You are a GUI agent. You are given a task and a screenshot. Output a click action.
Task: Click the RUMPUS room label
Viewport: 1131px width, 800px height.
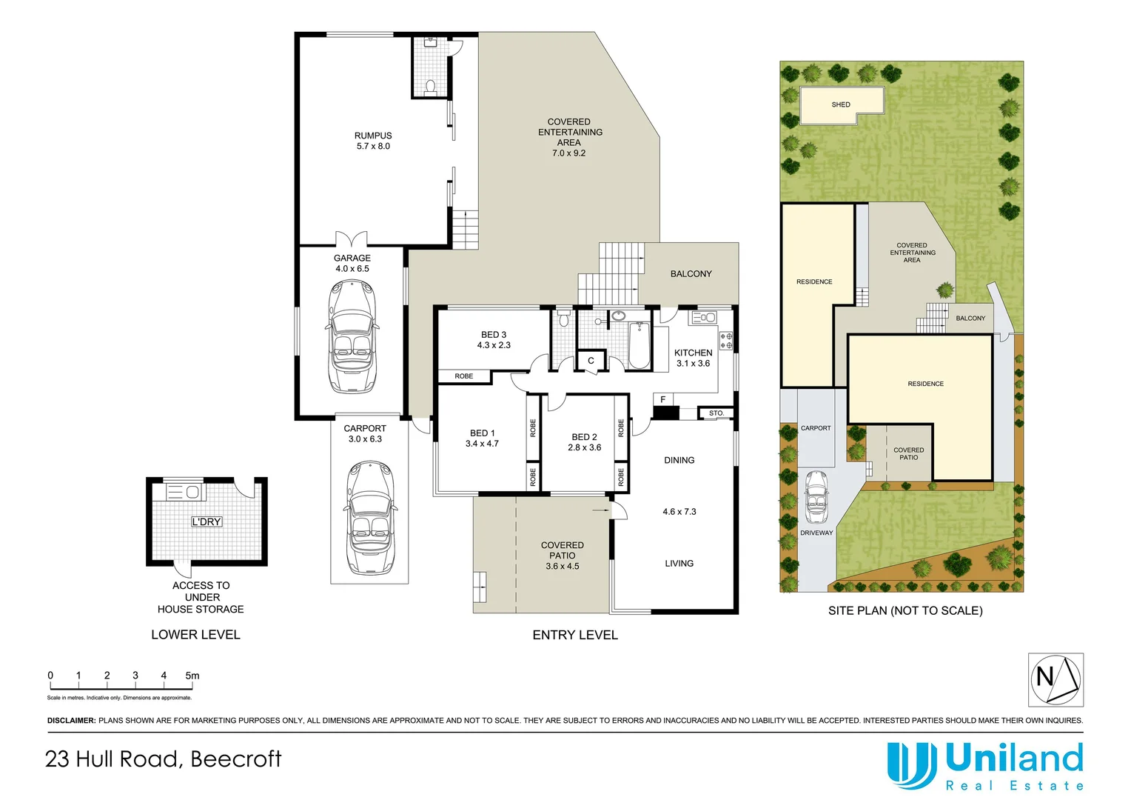tap(373, 136)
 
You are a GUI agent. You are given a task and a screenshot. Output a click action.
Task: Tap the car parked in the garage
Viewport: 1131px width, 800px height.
tap(352, 337)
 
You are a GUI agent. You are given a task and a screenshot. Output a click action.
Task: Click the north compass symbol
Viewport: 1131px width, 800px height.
tap(1056, 679)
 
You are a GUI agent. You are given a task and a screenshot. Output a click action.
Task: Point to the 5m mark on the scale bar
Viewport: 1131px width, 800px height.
tap(192, 676)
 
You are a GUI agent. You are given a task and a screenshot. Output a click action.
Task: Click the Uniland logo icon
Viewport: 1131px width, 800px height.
tap(912, 765)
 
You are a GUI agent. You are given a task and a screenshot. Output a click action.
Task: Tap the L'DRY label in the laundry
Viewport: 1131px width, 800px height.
tap(207, 521)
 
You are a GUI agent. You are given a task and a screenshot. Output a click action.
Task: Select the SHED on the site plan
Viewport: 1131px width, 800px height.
tap(842, 104)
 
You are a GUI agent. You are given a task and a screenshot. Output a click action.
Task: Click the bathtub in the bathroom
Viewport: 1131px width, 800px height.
tap(639, 344)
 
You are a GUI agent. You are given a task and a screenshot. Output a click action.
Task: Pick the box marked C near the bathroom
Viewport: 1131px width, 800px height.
tap(591, 361)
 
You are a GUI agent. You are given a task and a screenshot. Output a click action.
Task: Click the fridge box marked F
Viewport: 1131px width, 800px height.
tap(663, 400)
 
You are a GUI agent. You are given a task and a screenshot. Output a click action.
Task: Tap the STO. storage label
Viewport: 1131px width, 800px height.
tap(716, 413)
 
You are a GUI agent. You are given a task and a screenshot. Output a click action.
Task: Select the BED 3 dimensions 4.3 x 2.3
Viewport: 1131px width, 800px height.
tap(494, 345)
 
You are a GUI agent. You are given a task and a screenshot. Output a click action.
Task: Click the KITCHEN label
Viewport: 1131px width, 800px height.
tap(694, 353)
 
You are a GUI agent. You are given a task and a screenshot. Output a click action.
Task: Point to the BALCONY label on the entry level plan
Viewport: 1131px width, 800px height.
tap(691, 274)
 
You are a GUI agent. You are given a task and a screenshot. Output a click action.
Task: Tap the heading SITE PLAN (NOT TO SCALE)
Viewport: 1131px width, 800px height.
tap(905, 610)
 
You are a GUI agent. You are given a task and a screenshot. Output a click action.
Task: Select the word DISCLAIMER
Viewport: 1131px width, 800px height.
tap(71, 720)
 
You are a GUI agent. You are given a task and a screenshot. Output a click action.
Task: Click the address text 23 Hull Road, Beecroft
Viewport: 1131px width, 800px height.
tap(164, 759)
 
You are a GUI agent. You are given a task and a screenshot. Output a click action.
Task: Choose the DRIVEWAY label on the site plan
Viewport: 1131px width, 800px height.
tap(816, 533)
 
